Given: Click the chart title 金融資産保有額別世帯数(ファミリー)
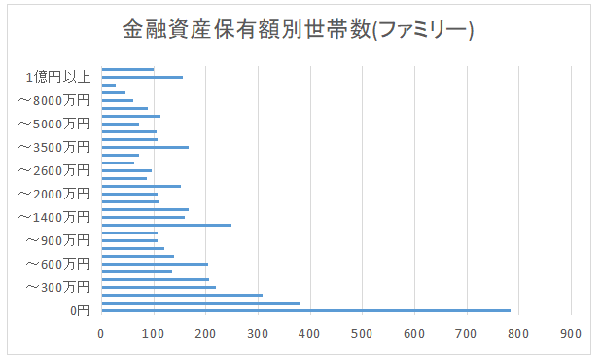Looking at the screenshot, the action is point(299,30).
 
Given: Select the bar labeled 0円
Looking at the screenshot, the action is point(306,311).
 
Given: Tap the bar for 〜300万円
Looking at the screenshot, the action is point(159,288).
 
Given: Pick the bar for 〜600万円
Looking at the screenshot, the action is point(155,264).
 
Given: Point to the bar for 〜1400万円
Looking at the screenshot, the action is point(143,217).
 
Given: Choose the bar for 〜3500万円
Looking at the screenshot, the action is point(145,147).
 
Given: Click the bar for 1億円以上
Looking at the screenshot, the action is point(142,77).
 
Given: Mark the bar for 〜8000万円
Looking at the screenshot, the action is point(118,100).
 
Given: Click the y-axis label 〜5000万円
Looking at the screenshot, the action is point(54,124).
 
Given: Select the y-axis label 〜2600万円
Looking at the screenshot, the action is point(54,170).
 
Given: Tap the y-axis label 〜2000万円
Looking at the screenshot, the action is point(54,194).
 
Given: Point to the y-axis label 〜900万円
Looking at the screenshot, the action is point(58,240).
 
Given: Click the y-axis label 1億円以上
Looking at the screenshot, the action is point(58,77).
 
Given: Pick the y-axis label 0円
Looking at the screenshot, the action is point(80,311).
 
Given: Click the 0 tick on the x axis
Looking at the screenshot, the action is point(101,334).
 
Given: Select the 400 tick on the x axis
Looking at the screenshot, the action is point(309,334).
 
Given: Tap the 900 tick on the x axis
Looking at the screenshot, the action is point(571,334).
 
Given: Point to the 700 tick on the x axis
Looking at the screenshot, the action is point(466,334).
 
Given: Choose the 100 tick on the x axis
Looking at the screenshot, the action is point(154,334).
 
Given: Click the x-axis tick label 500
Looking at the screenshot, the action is point(362,334).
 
